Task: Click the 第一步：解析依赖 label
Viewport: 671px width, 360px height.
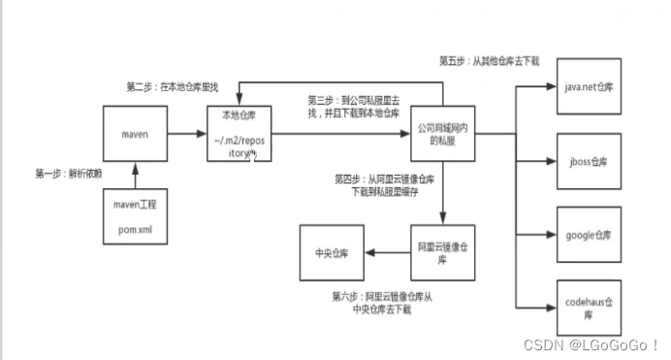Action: pyautogui.click(x=68, y=175)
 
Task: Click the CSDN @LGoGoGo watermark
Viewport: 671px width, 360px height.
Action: pyautogui.click(x=591, y=344)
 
